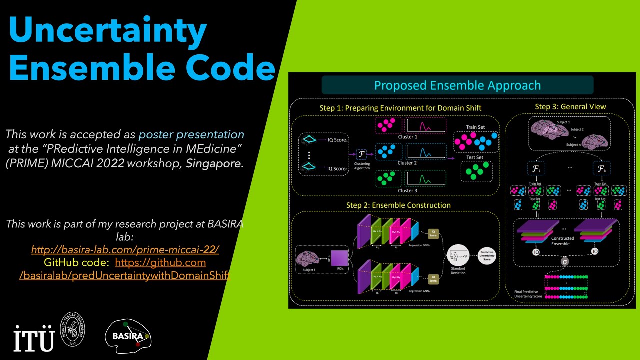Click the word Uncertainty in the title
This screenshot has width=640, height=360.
click(x=107, y=31)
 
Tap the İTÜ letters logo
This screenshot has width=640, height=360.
click(x=33, y=339)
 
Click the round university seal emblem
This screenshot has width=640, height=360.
click(x=72, y=330)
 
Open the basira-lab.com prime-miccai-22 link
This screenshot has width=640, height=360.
click(x=125, y=249)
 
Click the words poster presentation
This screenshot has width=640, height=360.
click(x=191, y=134)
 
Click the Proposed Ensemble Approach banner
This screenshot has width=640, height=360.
click(x=457, y=85)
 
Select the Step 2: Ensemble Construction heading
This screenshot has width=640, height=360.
click(x=398, y=205)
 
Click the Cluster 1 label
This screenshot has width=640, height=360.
click(x=407, y=137)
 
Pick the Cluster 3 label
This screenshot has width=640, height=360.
click(x=407, y=190)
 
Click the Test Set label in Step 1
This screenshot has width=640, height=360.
click(x=475, y=158)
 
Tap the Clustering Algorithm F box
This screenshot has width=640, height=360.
click(x=361, y=155)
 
